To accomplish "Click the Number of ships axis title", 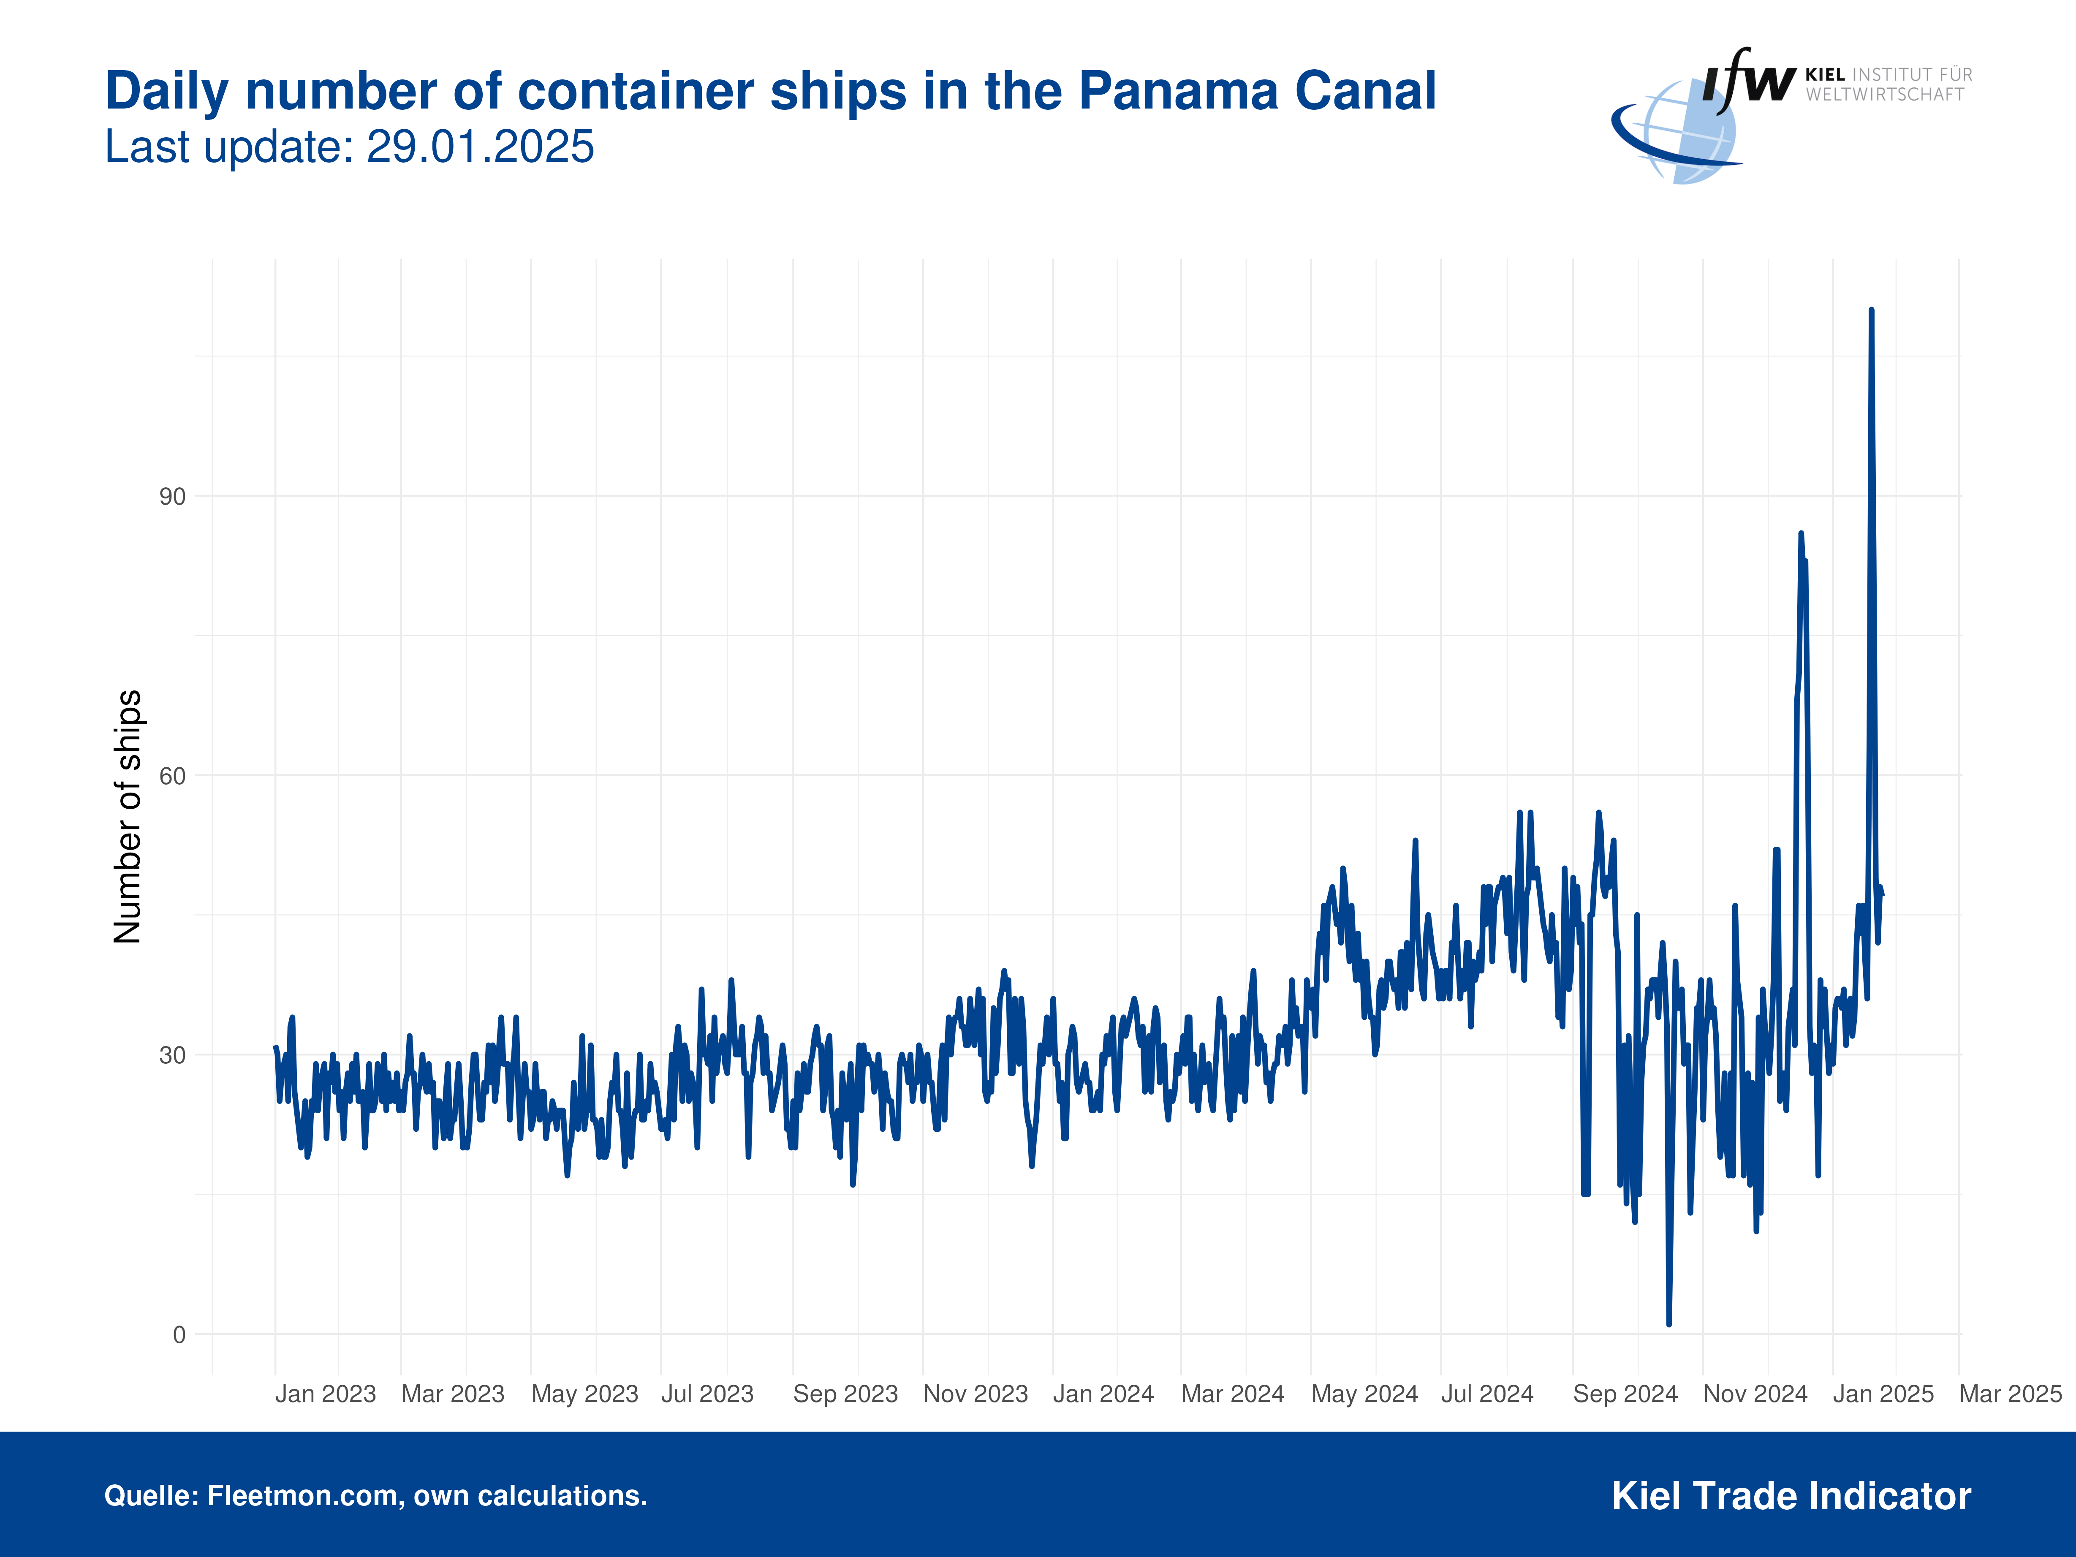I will click(x=128, y=817).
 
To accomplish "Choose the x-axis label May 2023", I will click(x=585, y=1394).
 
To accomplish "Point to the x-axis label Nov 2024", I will click(x=1755, y=1394).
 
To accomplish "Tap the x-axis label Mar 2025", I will click(x=2010, y=1394).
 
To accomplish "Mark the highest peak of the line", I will click(x=1872, y=310).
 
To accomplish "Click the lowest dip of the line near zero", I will click(x=1668, y=1323).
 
